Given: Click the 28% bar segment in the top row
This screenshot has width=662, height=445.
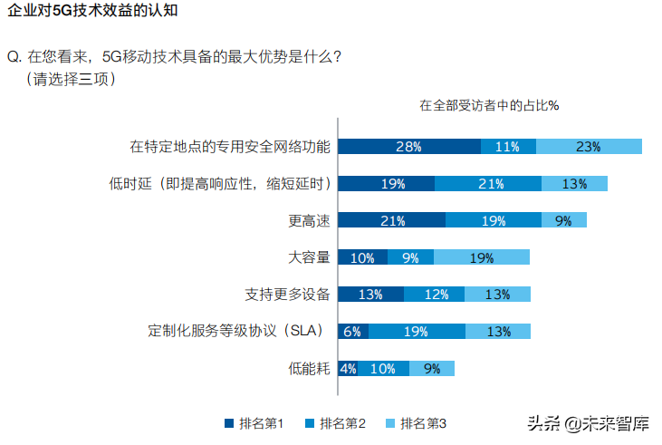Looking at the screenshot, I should pyautogui.click(x=409, y=147).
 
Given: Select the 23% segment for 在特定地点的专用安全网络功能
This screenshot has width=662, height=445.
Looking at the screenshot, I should pyautogui.click(x=589, y=147).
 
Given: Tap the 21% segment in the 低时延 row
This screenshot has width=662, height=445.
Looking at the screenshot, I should pyautogui.click(x=488, y=184).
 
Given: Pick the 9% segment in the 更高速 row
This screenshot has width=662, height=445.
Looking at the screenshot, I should pyautogui.click(x=563, y=220).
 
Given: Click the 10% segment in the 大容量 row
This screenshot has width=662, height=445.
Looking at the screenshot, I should pyautogui.click(x=362, y=257).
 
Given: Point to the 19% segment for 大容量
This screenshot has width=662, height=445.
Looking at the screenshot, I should pyautogui.click(x=482, y=257).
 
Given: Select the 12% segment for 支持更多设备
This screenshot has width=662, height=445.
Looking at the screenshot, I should pyautogui.click(x=434, y=295).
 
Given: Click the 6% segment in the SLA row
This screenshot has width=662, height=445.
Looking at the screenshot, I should pyautogui.click(x=352, y=332).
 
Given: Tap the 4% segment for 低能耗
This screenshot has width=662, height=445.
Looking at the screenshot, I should pyautogui.click(x=348, y=369).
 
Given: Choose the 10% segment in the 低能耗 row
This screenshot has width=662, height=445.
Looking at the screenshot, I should pyautogui.click(x=383, y=369).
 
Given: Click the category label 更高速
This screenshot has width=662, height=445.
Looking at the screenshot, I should pyautogui.click(x=309, y=220).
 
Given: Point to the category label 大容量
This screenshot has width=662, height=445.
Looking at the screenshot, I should pyautogui.click(x=309, y=257).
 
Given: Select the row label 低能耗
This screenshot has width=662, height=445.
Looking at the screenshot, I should pyautogui.click(x=309, y=369).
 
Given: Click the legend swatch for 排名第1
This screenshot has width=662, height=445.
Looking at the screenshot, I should pyautogui.click(x=230, y=423).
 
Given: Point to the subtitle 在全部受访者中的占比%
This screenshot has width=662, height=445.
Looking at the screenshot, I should pyautogui.click(x=489, y=104).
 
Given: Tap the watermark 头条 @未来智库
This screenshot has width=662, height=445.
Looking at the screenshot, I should pyautogui.click(x=589, y=423).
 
